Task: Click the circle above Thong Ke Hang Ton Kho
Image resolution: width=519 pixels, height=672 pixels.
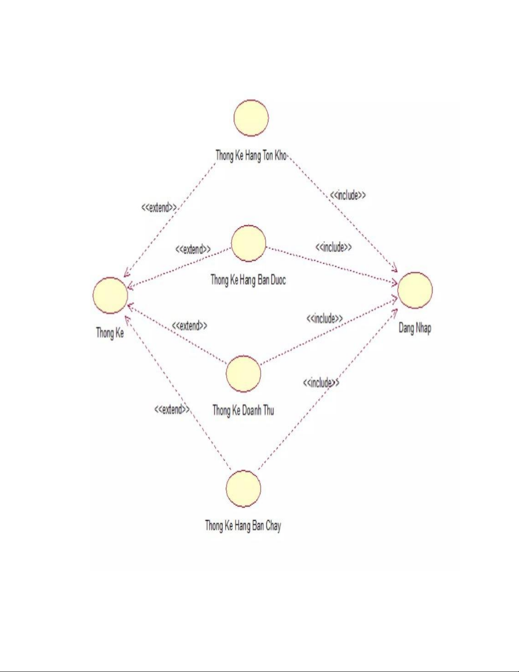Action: click(x=251, y=118)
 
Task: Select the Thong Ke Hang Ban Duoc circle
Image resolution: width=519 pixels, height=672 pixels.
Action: click(x=248, y=243)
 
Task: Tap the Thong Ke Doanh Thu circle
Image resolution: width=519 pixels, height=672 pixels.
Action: click(x=243, y=374)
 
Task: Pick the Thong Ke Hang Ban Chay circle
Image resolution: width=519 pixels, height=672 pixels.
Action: click(x=243, y=488)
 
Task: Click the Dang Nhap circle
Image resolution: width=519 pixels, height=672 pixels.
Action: click(x=415, y=290)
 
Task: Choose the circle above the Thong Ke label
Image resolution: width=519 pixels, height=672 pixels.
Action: click(x=110, y=295)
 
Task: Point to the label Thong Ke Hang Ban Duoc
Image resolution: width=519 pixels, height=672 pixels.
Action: click(x=248, y=280)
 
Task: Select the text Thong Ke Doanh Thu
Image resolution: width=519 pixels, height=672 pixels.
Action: click(x=243, y=410)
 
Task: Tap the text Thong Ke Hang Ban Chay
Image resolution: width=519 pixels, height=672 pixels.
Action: click(x=243, y=526)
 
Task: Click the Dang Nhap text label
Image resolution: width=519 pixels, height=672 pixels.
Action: click(x=415, y=328)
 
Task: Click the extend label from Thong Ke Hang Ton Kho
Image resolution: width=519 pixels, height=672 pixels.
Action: click(x=159, y=207)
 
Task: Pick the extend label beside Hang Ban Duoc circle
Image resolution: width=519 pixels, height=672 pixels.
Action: click(x=193, y=249)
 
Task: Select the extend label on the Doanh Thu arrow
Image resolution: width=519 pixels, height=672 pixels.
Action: click(x=189, y=326)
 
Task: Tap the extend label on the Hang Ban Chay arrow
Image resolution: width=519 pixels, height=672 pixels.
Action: click(x=172, y=409)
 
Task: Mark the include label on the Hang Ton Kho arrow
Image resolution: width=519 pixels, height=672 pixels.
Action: click(x=348, y=195)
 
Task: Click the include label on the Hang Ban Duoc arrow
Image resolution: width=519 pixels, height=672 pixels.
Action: click(x=333, y=247)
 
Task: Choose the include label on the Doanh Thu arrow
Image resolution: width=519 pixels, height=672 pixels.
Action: click(x=325, y=318)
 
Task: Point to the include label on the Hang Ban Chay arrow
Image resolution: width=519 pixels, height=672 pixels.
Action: click(x=321, y=383)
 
